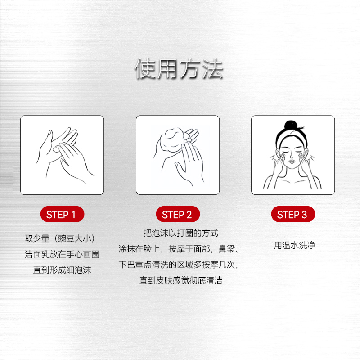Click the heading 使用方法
[179, 69]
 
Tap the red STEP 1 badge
[62, 214]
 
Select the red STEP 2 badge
[178, 214]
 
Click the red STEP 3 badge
[293, 214]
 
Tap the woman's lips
[292, 161]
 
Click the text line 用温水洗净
[295, 245]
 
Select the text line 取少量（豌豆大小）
[60, 238]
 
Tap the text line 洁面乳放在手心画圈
[62, 254]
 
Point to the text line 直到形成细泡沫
[62, 270]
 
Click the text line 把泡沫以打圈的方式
[181, 233]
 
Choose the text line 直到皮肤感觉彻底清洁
[181, 280]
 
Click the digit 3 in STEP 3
[304, 215]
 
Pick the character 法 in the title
[213, 69]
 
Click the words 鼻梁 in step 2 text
[227, 249]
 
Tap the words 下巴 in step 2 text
[126, 265]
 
